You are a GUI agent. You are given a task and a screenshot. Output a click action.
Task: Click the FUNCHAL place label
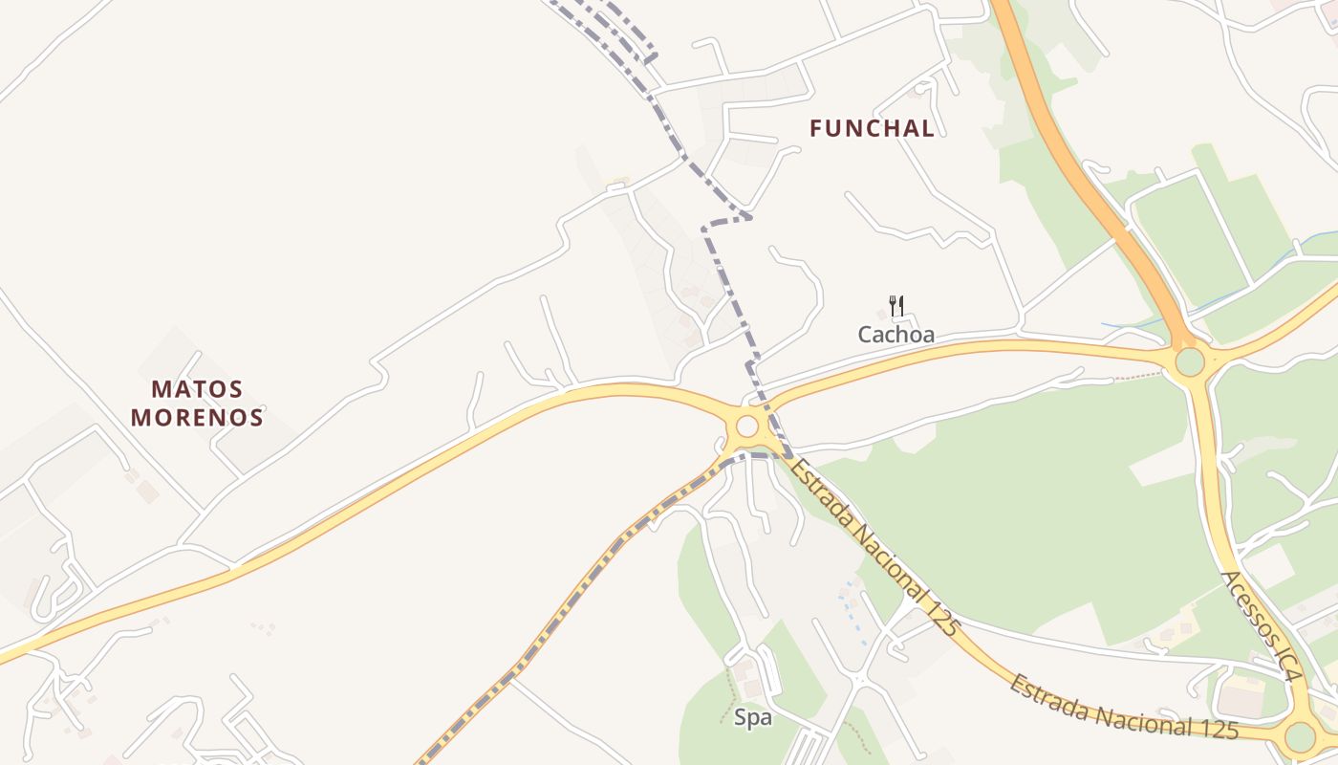tap(872, 128)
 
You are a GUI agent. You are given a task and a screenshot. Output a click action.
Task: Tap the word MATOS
tap(197, 389)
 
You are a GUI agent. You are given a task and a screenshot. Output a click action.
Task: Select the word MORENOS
tap(197, 418)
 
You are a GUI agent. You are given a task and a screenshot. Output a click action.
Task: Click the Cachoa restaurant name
tap(896, 335)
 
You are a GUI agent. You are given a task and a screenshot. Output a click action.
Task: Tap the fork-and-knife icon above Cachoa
tap(896, 306)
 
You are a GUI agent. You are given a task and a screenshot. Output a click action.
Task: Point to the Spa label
tap(753, 717)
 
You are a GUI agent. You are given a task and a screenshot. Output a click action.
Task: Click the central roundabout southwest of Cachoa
tap(747, 426)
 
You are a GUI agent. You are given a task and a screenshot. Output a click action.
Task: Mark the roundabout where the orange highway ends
tap(1190, 362)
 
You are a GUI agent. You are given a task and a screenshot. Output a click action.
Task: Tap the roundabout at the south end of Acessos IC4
tap(1300, 736)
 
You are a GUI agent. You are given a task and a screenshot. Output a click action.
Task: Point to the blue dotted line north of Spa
tap(848, 607)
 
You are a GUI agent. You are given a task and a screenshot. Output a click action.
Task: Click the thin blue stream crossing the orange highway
tap(1128, 326)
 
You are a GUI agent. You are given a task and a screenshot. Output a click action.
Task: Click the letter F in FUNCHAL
tap(817, 128)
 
